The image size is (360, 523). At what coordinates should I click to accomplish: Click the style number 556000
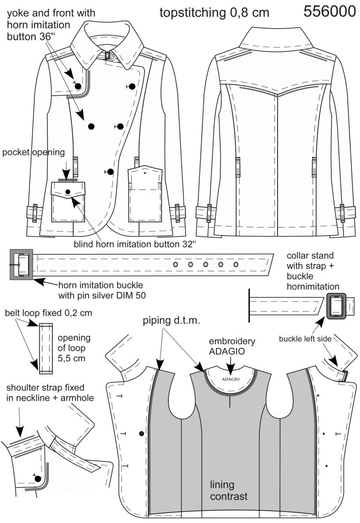329,11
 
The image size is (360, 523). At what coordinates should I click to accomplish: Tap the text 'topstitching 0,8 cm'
214,12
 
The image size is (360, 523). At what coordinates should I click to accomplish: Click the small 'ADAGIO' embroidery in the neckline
230,379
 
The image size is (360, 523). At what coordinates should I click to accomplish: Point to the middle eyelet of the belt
206,265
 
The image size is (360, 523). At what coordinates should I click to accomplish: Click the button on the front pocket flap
68,191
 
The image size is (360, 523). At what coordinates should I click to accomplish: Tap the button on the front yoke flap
78,86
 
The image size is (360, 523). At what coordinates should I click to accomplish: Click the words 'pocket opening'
33,152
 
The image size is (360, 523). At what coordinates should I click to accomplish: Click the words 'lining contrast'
228,490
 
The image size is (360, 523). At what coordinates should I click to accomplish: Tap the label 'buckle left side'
305,339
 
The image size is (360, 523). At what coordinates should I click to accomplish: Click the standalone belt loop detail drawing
46,348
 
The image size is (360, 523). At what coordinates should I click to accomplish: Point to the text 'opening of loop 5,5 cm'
74,348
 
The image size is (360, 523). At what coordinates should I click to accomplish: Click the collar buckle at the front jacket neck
108,56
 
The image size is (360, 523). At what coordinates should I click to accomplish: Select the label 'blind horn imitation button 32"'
135,244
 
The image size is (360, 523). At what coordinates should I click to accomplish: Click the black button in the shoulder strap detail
38,479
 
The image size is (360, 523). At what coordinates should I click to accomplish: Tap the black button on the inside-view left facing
142,434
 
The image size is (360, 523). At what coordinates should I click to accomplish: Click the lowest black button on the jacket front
111,172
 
